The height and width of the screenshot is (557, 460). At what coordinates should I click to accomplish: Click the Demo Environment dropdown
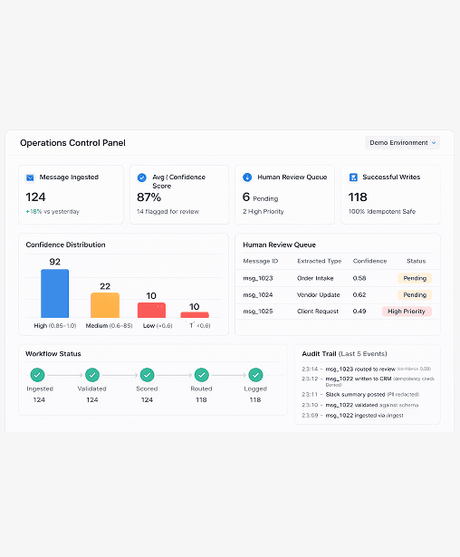402,142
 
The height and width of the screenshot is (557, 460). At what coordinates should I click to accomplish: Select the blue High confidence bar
54,293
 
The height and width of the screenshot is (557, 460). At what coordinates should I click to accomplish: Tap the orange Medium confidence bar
104,304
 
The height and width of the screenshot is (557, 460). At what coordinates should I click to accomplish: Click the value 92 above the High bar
54,262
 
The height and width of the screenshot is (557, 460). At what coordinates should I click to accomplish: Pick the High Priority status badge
407,311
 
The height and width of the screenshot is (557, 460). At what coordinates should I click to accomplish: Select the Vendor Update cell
317,294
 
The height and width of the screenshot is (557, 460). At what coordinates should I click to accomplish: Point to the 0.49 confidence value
359,311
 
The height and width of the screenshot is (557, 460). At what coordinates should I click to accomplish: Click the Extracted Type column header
319,261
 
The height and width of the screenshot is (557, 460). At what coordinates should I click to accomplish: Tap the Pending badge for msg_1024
415,294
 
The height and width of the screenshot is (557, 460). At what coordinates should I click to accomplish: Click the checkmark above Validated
91,374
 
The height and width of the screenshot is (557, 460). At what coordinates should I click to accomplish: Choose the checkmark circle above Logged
255,374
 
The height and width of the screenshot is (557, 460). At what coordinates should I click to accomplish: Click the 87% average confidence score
149,197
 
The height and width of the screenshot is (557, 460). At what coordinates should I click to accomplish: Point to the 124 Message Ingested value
35,197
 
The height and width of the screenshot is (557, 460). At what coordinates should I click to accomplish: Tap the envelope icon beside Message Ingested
30,178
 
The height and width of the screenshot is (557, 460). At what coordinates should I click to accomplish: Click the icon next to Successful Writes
353,178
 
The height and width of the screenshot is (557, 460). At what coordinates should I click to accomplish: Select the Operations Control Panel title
72,143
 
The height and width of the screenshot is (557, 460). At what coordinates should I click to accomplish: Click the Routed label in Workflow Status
201,389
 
